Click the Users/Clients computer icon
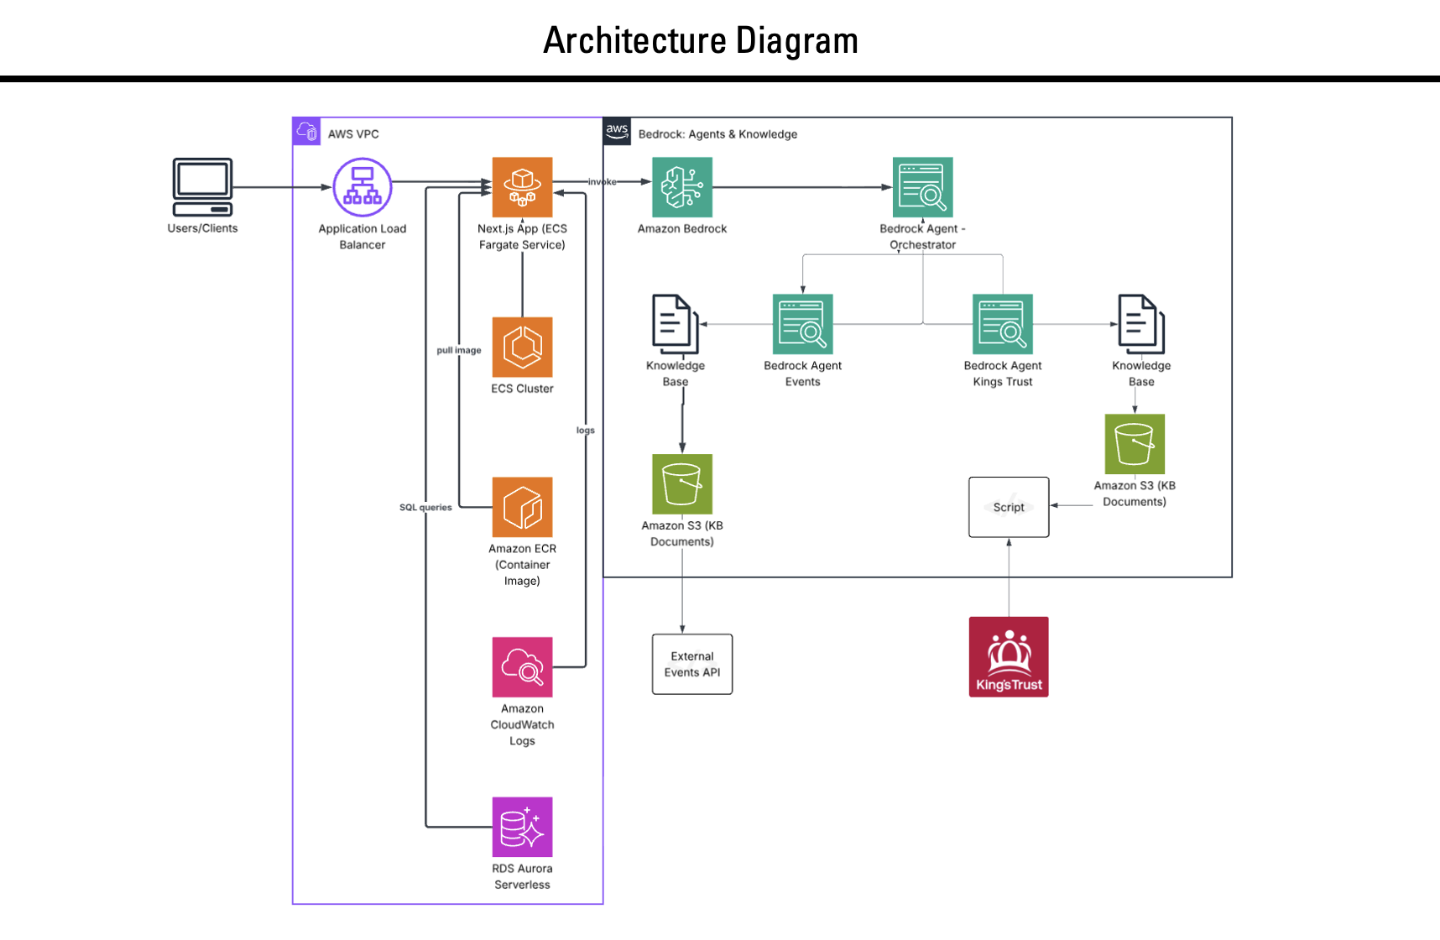point(202,187)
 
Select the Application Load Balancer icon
point(363,187)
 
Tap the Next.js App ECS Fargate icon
point(522,187)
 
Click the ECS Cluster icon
point(522,347)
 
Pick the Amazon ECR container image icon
point(522,507)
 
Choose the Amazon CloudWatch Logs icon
point(522,667)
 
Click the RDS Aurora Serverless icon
point(522,827)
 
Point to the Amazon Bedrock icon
point(682,187)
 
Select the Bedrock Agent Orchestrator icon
point(922,187)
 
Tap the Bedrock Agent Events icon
point(802,324)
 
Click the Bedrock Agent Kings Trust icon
point(1002,324)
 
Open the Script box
point(1009,507)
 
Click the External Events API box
point(692,664)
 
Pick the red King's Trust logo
point(1009,656)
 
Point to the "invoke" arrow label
point(602,182)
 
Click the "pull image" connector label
point(459,350)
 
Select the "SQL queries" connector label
point(425,507)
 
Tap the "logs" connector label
point(585,431)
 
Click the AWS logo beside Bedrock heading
point(617,131)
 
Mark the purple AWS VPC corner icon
point(306,132)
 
